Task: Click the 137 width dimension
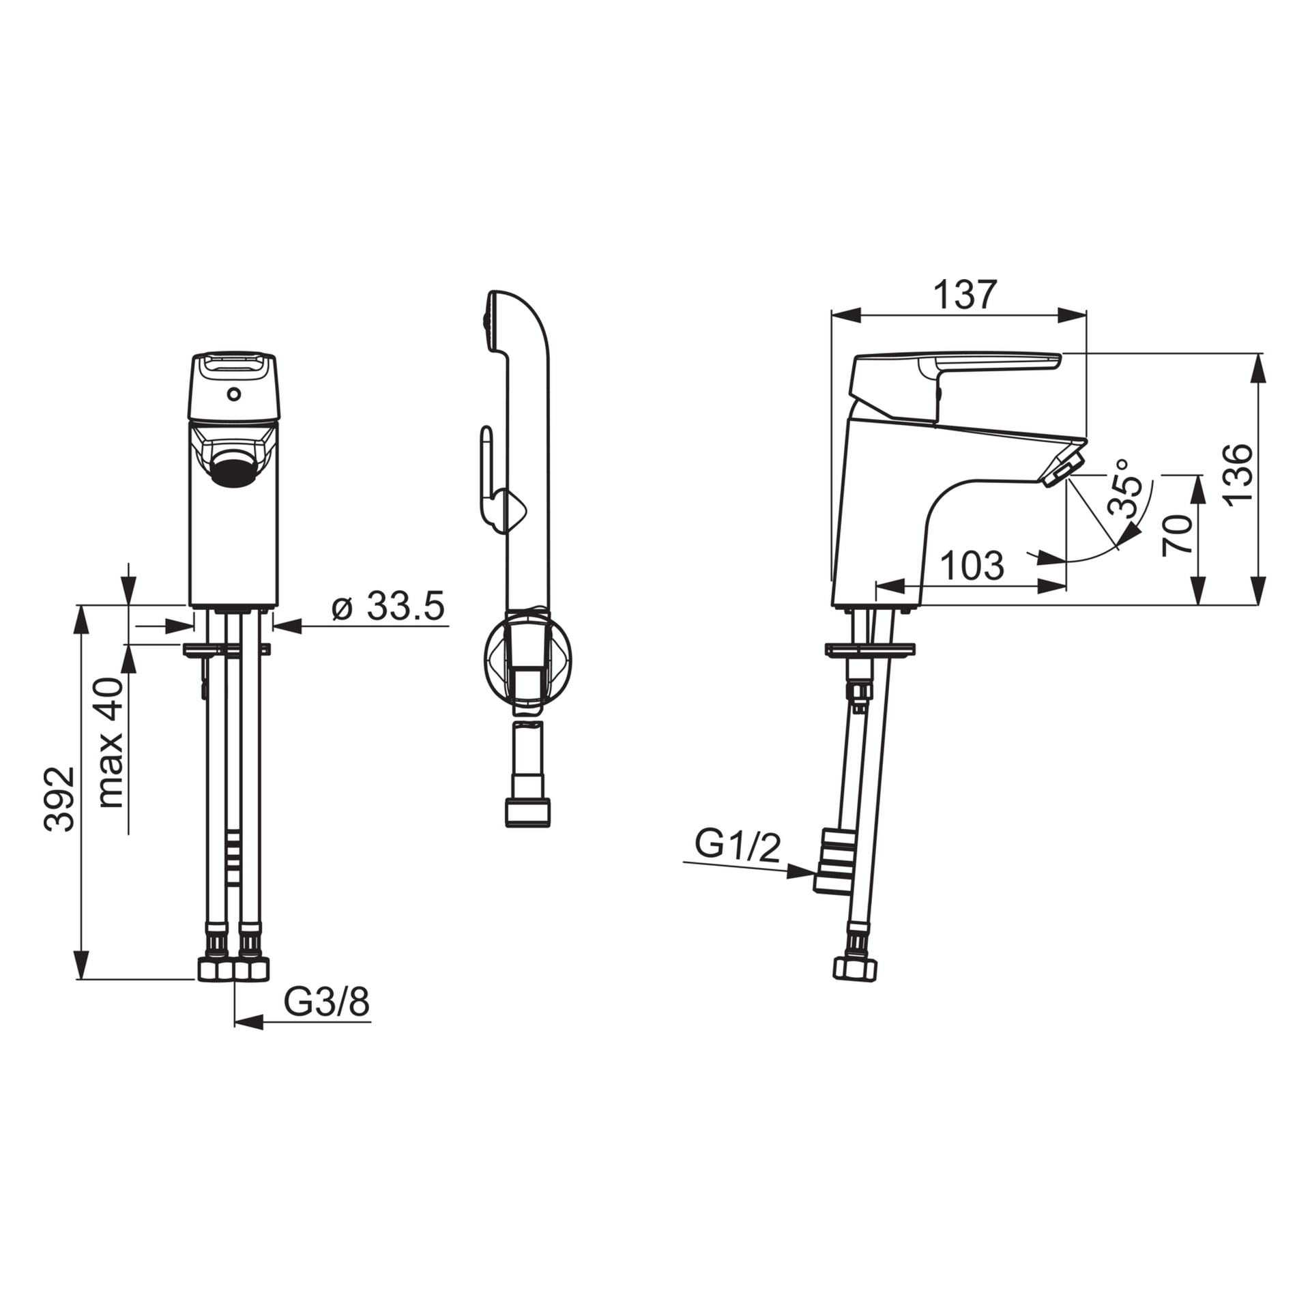pyautogui.click(x=965, y=295)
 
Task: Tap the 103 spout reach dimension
pyautogui.click(x=972, y=566)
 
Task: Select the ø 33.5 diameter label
pyautogui.click(x=388, y=605)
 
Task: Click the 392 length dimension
pyautogui.click(x=59, y=798)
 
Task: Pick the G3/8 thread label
pyautogui.click(x=326, y=1002)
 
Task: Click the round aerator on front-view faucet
pyautogui.click(x=233, y=471)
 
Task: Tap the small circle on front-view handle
pyautogui.click(x=234, y=394)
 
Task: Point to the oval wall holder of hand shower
pyautogui.click(x=527, y=658)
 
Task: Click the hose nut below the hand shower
pyautogui.click(x=527, y=812)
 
